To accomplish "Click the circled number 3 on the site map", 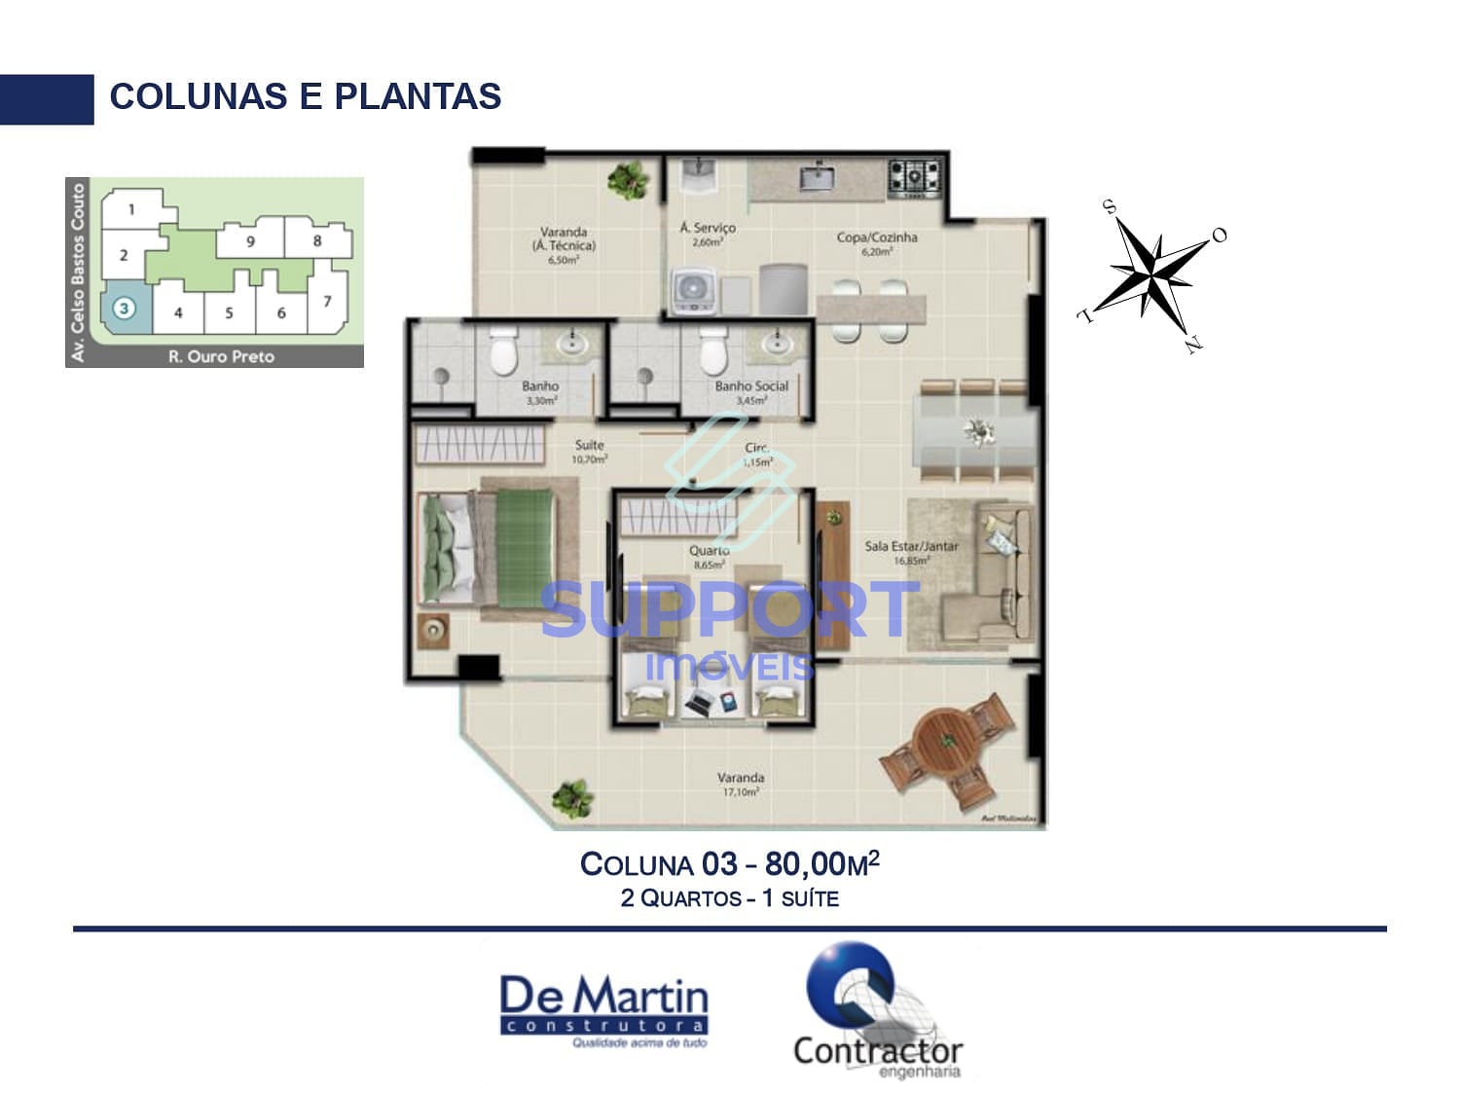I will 124,308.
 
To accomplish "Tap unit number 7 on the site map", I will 328,301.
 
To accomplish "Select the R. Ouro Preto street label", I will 221,356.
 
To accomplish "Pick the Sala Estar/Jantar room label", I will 911,547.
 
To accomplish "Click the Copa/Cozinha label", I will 876,237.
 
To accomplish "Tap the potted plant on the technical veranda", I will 628,179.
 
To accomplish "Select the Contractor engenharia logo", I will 877,1012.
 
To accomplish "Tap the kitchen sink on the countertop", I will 816,178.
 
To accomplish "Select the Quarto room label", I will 709,551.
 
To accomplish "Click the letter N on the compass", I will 1193,345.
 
